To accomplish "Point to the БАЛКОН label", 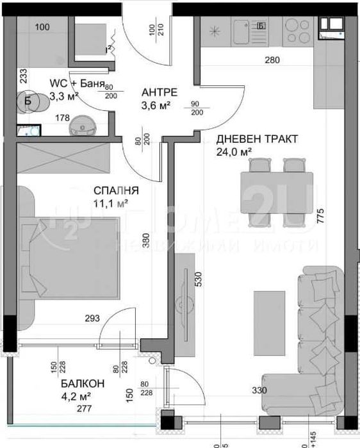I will [83, 384].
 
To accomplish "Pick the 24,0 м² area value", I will [234, 152].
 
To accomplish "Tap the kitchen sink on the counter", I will [240, 31].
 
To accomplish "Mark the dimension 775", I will [319, 219].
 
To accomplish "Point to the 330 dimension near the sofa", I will [259, 390].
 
